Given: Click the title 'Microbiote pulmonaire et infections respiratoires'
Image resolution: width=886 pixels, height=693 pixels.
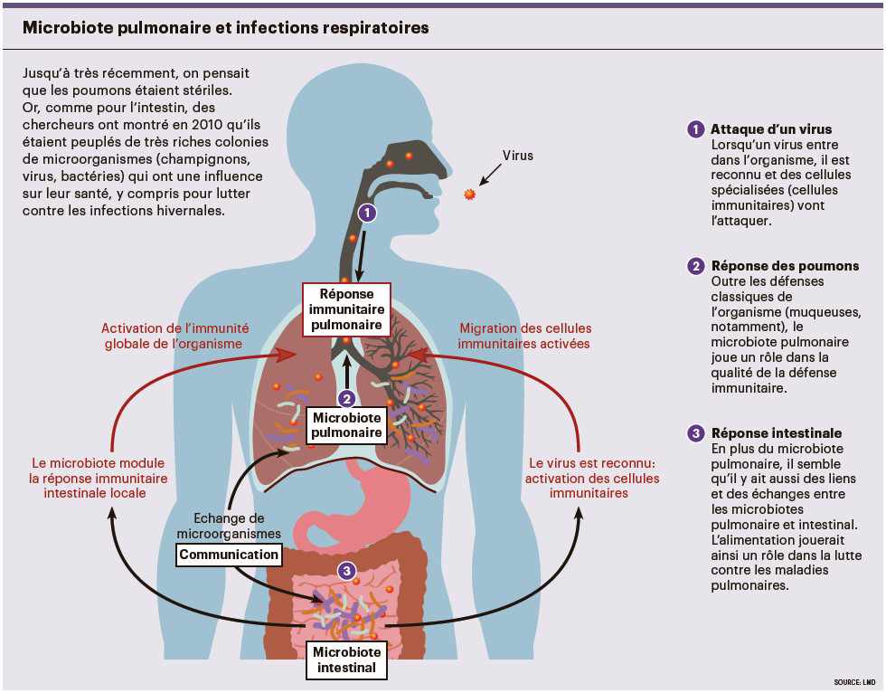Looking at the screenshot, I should [x=226, y=28].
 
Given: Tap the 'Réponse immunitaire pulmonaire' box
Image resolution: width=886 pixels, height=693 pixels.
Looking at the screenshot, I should [x=346, y=309].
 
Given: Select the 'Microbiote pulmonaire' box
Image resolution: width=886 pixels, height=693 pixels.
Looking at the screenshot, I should [x=347, y=425].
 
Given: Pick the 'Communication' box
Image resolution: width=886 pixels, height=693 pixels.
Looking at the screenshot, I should [x=229, y=555].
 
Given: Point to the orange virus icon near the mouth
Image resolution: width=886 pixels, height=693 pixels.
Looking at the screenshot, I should [x=469, y=195].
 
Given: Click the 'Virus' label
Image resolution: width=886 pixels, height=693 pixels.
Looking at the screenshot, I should [x=518, y=156].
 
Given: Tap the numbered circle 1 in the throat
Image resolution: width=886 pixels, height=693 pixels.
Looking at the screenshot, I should [x=366, y=214].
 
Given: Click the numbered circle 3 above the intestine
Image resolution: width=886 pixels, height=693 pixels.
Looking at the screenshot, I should [x=346, y=571].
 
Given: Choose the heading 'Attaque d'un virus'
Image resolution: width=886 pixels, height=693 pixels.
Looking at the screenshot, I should [x=771, y=129].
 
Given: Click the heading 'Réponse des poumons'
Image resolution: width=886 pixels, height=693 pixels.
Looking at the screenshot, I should [x=785, y=266].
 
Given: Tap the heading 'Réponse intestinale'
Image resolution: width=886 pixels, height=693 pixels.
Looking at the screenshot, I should [x=777, y=433].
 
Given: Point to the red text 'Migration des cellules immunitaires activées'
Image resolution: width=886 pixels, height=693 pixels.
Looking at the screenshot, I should [x=524, y=336].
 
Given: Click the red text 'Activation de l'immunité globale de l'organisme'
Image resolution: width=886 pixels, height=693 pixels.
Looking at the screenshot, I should [x=175, y=336].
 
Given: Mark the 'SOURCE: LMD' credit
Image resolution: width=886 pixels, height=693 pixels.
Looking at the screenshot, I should [x=854, y=681].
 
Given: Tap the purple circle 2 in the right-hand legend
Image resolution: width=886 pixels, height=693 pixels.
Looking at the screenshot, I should [x=695, y=266].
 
